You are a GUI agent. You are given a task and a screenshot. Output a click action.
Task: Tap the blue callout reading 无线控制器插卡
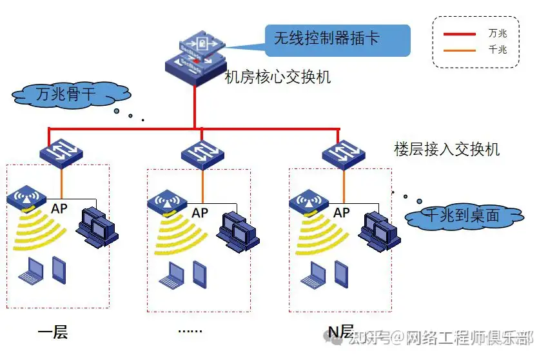(x=337, y=39)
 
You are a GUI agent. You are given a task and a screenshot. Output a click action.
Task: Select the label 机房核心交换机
(x=278, y=78)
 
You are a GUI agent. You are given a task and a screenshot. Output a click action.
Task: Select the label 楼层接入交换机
(x=447, y=149)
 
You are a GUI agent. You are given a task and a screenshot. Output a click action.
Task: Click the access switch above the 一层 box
(x=61, y=152)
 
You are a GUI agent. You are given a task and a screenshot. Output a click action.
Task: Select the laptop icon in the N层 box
(x=313, y=273)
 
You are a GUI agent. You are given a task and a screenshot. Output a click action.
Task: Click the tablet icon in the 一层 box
(x=59, y=270)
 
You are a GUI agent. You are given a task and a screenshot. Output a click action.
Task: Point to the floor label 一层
(x=54, y=333)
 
